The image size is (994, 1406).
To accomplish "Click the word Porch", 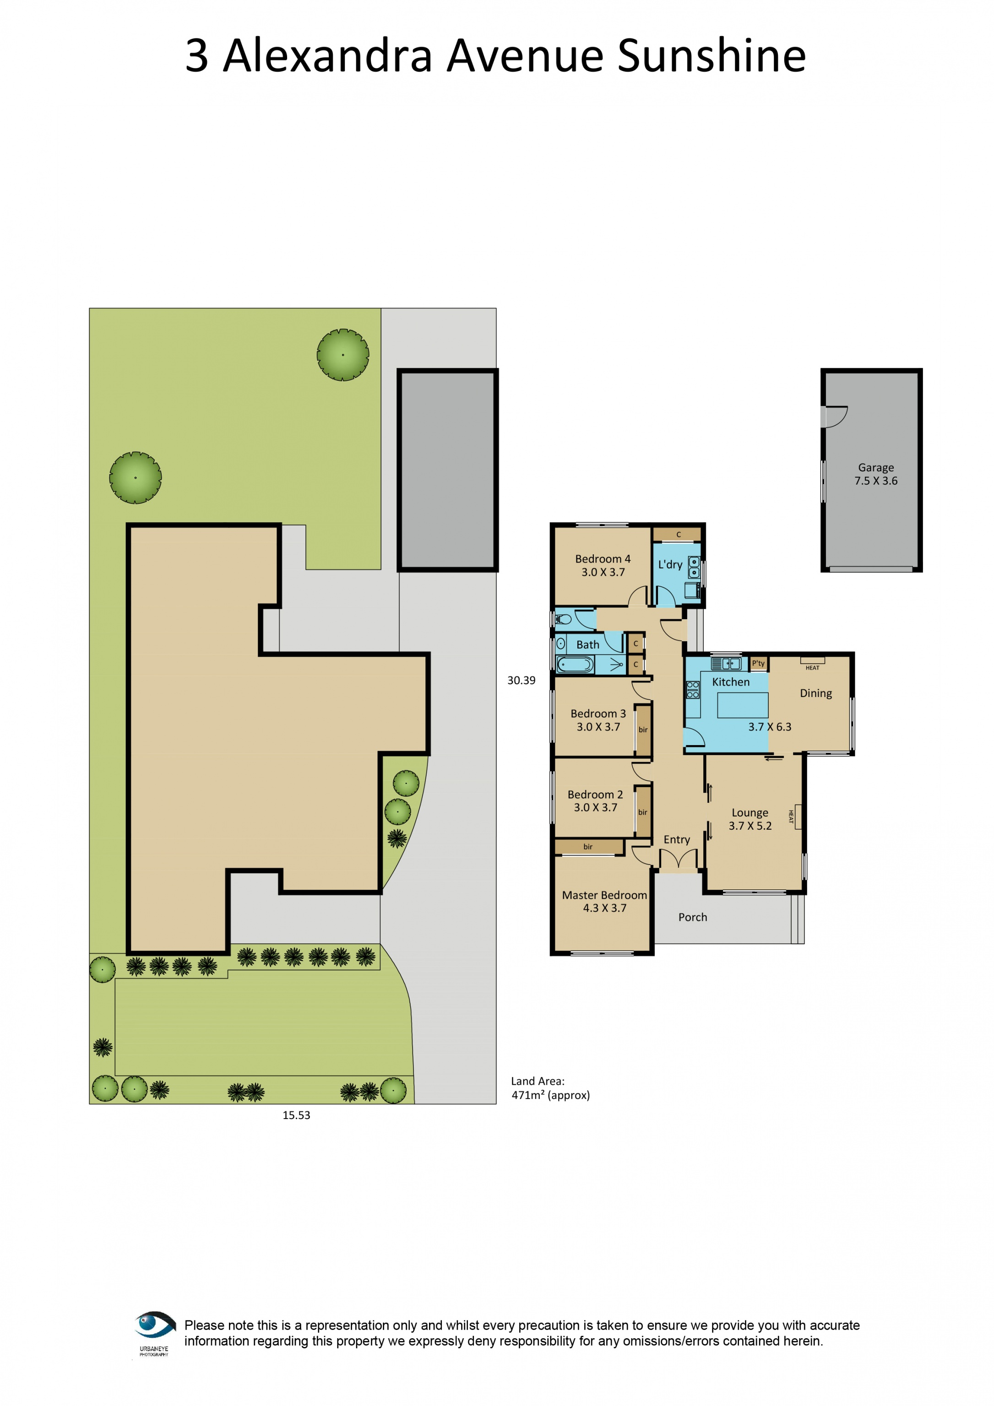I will tap(692, 917).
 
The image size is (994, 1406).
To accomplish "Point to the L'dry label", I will tap(670, 565).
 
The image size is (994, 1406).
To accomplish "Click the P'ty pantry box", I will tap(758, 663).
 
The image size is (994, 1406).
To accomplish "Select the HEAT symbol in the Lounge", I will tap(797, 817).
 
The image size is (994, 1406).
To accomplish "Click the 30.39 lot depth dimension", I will tap(521, 680).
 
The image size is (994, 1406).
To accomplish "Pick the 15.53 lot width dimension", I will tap(296, 1115).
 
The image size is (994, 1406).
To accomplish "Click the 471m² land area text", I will tap(550, 1096).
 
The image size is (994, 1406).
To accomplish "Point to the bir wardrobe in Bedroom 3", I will tap(642, 730).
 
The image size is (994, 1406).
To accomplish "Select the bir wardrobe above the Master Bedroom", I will tap(588, 847).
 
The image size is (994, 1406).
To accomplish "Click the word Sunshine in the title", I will tap(711, 56).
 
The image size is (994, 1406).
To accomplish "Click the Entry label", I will tap(677, 839).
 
